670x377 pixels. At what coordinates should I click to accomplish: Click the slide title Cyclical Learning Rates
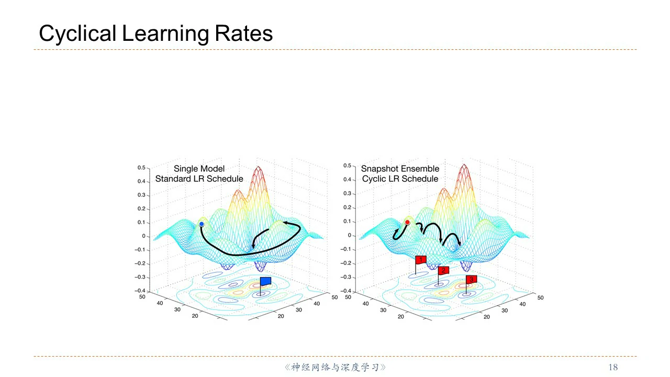(155, 34)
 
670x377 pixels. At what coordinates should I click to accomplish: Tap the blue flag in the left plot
(266, 281)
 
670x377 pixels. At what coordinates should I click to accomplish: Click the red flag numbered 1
(421, 260)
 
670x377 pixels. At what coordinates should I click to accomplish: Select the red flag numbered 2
(443, 270)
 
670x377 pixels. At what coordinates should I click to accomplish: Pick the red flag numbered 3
(471, 280)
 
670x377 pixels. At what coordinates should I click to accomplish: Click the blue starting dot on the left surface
(202, 224)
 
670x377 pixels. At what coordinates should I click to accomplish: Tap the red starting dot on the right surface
(407, 222)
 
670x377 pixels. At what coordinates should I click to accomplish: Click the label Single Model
(199, 169)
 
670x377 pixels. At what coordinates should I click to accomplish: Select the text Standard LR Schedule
(199, 179)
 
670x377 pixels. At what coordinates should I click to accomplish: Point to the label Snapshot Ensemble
(400, 169)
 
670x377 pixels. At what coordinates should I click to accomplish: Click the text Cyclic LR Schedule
(400, 179)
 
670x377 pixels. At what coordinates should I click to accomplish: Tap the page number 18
(612, 367)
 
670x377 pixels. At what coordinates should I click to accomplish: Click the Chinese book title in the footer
(335, 367)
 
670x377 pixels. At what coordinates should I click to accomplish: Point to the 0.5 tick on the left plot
(141, 168)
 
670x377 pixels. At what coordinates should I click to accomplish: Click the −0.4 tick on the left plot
(139, 291)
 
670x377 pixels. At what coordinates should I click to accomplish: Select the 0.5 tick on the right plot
(347, 166)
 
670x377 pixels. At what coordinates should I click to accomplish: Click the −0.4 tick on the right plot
(345, 291)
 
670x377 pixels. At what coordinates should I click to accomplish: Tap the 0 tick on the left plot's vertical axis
(143, 236)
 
